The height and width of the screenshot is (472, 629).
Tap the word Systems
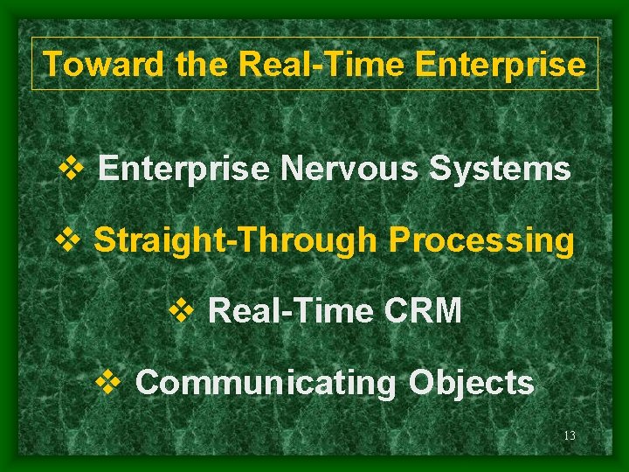500,168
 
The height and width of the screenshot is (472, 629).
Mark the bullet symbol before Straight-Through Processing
66,239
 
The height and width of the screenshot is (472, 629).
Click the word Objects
472,382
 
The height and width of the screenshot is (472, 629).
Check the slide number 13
570,436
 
